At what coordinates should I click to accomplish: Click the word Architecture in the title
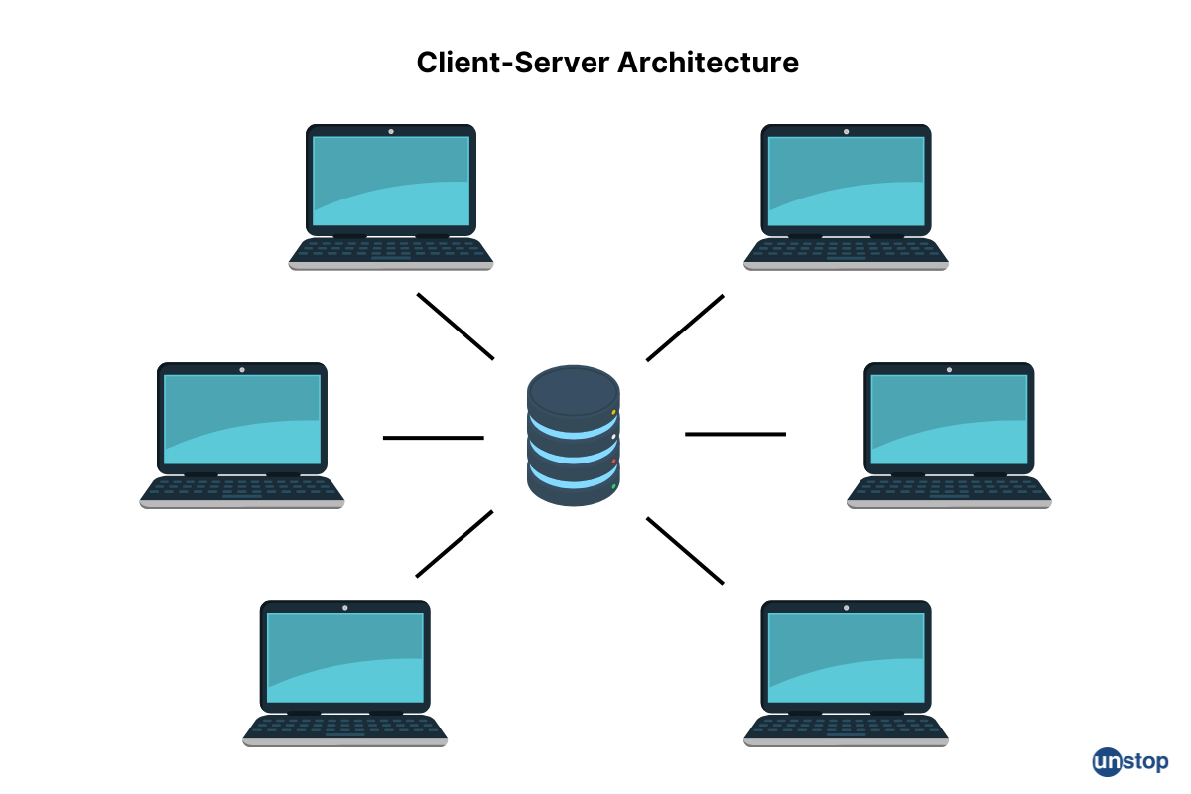[x=708, y=63]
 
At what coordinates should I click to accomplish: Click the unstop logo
[x=1130, y=761]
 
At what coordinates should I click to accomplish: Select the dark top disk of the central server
[x=574, y=388]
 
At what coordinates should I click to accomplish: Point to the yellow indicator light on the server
[x=614, y=412]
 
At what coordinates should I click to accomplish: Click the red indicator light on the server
[x=614, y=462]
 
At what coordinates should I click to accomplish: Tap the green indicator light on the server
[x=614, y=486]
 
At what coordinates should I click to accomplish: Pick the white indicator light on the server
[x=614, y=437]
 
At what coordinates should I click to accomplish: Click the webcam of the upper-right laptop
[x=846, y=131]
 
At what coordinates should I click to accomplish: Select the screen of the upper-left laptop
[x=391, y=180]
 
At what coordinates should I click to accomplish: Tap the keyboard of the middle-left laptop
[x=242, y=488]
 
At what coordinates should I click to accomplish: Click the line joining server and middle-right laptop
[x=735, y=434]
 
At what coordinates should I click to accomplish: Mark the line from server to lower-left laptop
[x=455, y=544]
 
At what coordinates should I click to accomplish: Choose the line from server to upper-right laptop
[x=685, y=328]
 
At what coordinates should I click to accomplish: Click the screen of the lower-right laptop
[x=846, y=656]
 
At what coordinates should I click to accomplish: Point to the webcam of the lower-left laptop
[x=344, y=607]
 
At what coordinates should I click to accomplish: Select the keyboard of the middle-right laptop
[x=949, y=488]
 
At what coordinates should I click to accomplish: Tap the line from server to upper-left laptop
[x=456, y=326]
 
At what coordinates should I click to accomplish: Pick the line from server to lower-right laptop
[x=685, y=550]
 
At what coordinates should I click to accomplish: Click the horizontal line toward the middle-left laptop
[x=434, y=437]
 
